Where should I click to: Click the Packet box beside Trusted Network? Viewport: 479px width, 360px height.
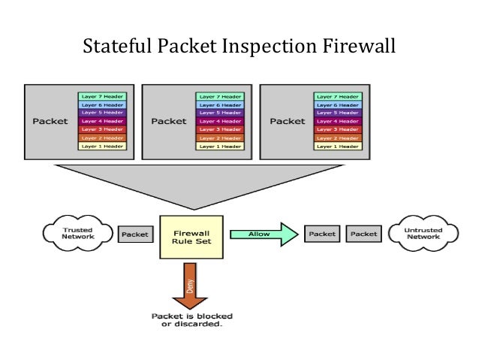pos(135,234)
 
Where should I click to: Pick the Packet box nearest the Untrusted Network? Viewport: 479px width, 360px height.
pos(364,234)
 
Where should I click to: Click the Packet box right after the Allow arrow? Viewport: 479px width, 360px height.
pos(321,234)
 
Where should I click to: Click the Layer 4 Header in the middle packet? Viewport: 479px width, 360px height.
pos(218,121)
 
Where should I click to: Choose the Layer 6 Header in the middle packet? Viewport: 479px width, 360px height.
pos(218,104)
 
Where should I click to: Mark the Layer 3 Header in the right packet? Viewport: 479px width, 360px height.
pos(337,129)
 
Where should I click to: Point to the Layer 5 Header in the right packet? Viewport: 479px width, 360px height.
pos(337,113)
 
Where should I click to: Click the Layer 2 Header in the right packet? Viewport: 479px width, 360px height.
pos(337,138)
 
